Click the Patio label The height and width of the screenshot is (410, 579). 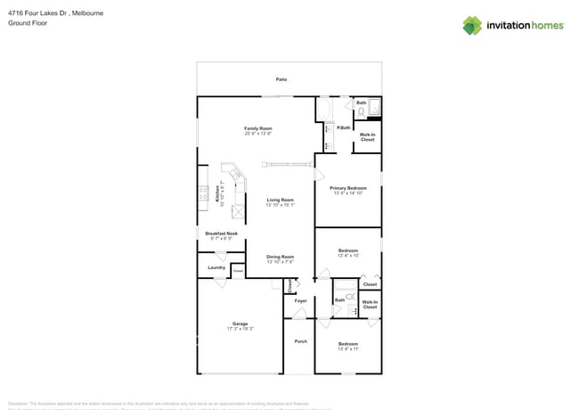[281, 79]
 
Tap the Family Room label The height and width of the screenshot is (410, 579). [258, 128]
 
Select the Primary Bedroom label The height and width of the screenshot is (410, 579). [347, 188]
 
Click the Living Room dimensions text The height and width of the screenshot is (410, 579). [280, 205]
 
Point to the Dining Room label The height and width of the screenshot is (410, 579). [280, 257]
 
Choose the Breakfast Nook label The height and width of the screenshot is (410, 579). [221, 234]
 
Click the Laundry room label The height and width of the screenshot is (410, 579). [216, 267]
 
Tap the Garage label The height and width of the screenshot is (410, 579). [240, 323]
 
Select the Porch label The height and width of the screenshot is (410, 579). [300, 340]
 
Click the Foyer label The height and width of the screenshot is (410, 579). [300, 300]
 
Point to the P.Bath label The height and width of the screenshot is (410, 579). [343, 128]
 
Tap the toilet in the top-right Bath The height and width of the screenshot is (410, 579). [362, 112]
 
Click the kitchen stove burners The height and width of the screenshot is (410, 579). [204, 194]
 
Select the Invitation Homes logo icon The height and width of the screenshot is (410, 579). [472, 26]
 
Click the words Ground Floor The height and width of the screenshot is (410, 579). [27, 23]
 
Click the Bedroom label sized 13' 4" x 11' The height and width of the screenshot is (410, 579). [347, 343]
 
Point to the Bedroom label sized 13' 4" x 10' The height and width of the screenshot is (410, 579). [347, 250]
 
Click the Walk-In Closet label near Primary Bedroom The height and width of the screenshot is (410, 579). [367, 137]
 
